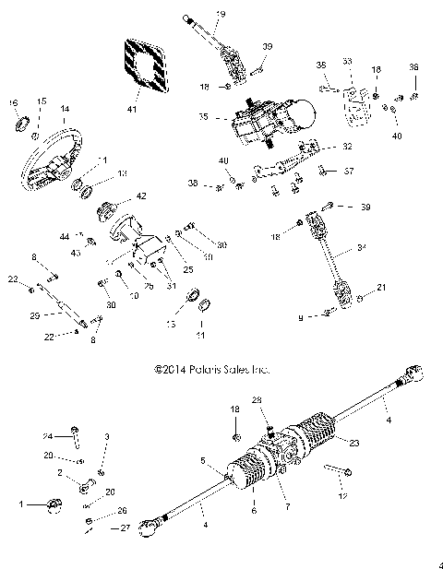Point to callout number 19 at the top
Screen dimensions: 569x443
[220, 13]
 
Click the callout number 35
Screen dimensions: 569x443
[204, 118]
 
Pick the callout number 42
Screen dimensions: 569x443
[141, 195]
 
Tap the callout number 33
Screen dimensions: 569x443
[347, 61]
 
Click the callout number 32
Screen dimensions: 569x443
[347, 146]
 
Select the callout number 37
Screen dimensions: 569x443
[349, 171]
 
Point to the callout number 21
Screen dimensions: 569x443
[382, 289]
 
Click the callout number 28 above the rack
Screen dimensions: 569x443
[257, 399]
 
